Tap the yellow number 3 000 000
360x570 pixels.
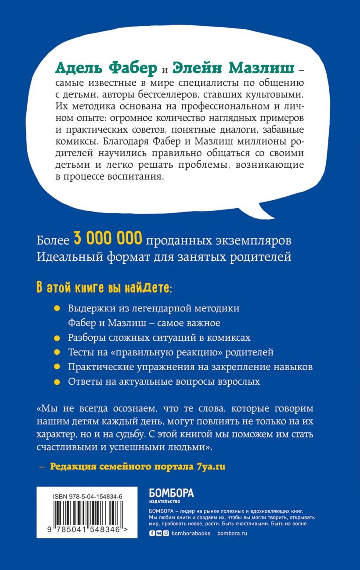click(x=108, y=240)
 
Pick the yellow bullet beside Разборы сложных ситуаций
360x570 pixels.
click(x=56, y=338)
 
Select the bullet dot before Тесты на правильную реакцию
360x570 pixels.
click(x=56, y=353)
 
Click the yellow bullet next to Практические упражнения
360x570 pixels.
click(x=56, y=367)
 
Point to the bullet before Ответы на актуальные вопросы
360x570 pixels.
click(x=56, y=382)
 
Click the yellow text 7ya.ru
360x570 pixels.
click(x=209, y=466)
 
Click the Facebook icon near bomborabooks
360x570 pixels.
click(x=152, y=533)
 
